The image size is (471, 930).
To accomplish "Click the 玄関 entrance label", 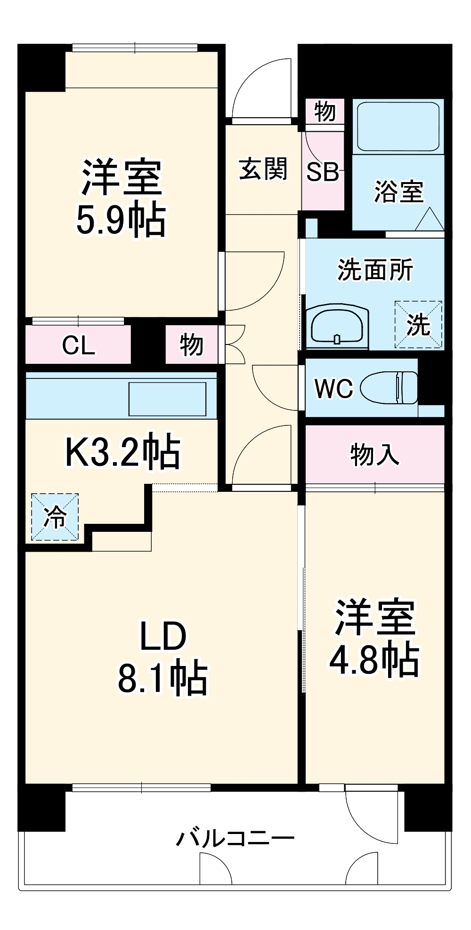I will pos(263,169).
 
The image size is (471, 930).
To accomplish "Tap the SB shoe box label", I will pos(323,172).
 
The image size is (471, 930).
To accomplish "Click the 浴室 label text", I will pos(398,192).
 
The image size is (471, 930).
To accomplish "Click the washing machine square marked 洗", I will pos(418,325).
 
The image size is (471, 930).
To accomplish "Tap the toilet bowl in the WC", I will pos(389,388).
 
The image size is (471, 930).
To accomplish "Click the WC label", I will pos(333,389).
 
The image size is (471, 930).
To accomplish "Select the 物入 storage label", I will pos(374,455).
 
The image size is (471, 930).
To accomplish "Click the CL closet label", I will pos(78,345).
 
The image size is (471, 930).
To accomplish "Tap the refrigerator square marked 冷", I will pos(55,517).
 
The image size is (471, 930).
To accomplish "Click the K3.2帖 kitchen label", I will pos(122,451).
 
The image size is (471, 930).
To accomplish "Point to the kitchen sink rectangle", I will pos(167,399).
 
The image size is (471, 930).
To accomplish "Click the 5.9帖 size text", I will pos(121,220).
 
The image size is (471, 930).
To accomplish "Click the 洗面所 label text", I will pos(375,270).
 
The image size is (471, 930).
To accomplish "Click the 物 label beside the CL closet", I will pos(191,345).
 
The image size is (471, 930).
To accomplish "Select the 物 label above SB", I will pos(325,112).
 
